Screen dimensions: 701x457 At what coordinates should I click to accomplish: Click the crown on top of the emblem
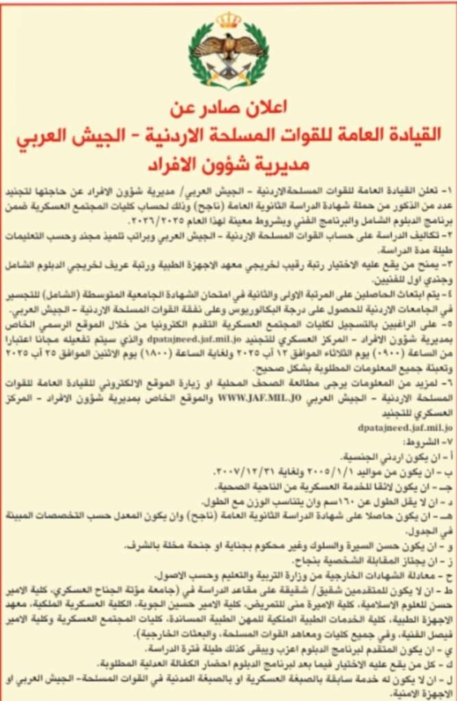[228, 21]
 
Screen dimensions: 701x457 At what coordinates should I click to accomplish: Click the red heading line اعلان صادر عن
[230, 109]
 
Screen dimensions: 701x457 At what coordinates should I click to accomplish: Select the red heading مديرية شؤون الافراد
[230, 165]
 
